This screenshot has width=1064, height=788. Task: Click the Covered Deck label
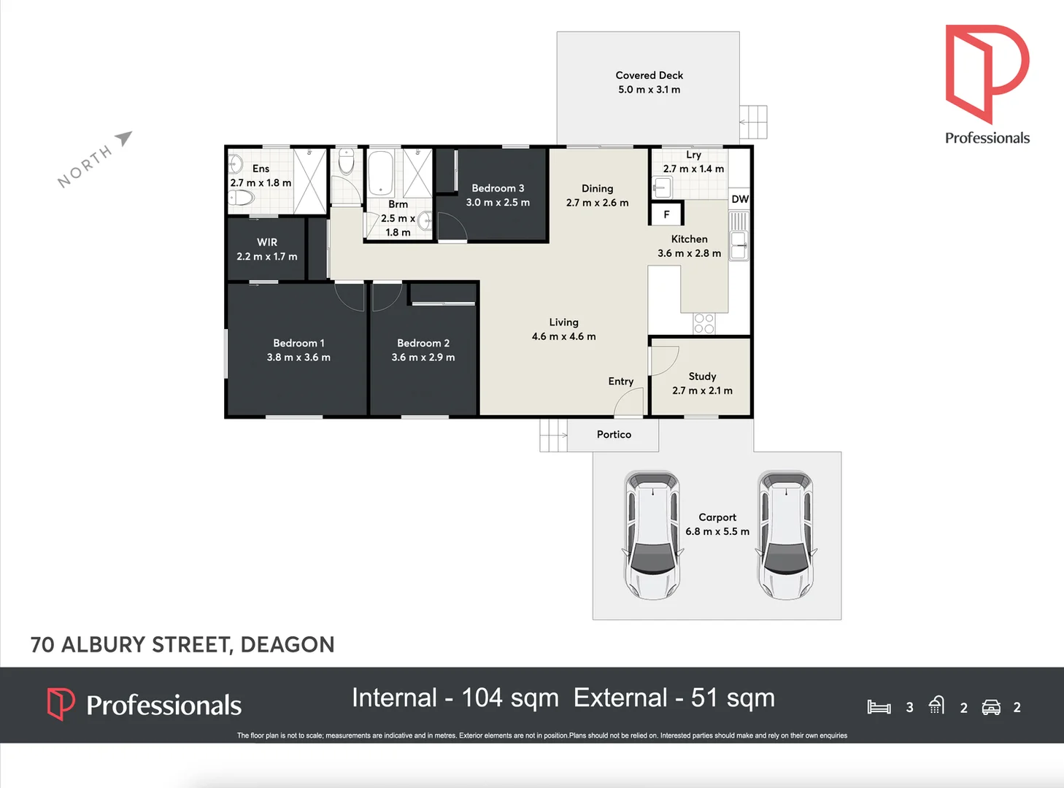[649, 75]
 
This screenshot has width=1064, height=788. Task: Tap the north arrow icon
[124, 137]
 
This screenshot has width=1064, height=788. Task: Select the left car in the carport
[652, 535]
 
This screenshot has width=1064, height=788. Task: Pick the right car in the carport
[786, 535]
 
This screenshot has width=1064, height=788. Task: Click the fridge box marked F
[666, 215]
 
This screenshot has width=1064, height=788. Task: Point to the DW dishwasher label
[740, 199]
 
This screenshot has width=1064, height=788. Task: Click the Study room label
[702, 376]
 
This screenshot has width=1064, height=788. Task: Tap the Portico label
[614, 434]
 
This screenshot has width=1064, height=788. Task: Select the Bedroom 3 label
[498, 188]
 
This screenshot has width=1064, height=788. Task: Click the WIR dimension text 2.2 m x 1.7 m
[267, 257]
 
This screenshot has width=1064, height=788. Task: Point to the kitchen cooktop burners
[704, 323]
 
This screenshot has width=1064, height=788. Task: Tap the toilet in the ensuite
[242, 198]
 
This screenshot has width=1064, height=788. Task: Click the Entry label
[620, 382]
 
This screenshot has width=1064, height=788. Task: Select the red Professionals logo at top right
[987, 73]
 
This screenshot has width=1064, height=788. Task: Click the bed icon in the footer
[879, 707]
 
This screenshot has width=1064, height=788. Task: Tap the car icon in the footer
[991, 707]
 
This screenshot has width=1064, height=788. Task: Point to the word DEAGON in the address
[287, 645]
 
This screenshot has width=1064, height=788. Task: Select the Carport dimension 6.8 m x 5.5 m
[717, 532]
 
